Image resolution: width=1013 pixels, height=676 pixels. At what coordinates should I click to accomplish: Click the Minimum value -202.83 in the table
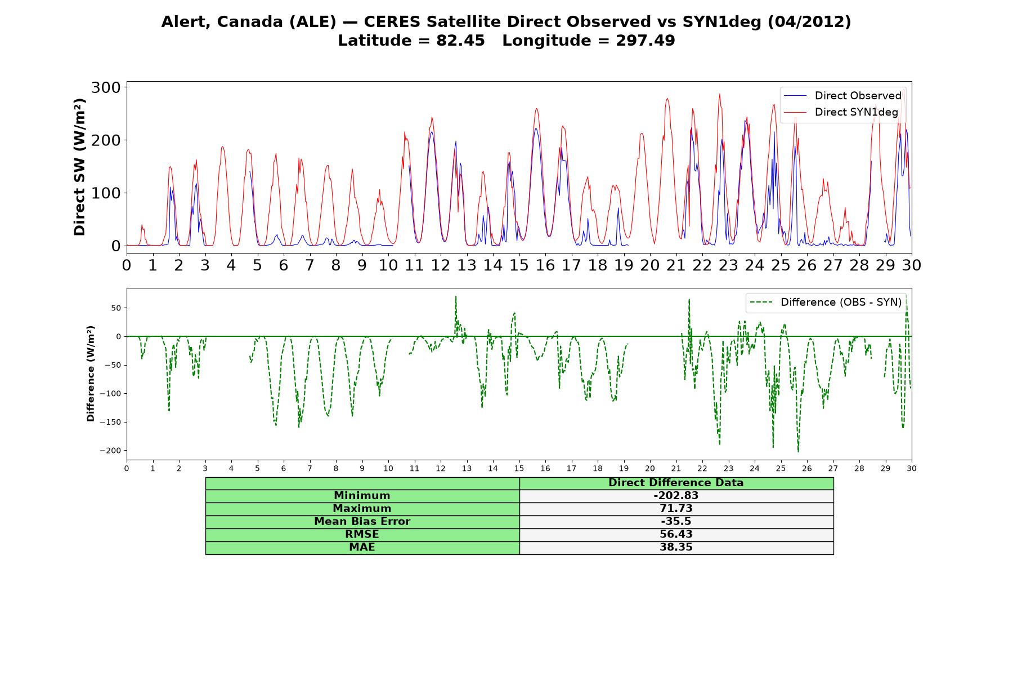point(676,496)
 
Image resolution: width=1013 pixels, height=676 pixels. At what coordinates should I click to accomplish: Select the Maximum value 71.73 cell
point(676,509)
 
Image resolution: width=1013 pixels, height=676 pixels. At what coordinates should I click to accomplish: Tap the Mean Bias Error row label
point(362,522)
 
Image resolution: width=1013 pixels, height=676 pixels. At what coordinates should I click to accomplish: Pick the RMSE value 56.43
point(676,535)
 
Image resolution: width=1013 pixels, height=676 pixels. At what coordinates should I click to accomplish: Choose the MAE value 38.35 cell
point(676,548)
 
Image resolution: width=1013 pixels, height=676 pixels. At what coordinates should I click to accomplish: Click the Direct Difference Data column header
point(676,483)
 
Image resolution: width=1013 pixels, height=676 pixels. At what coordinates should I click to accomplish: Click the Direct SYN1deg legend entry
point(841,112)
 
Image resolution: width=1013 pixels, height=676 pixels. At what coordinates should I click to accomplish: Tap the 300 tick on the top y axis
point(106,87)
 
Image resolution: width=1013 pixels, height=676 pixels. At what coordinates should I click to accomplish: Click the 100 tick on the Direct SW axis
point(106,193)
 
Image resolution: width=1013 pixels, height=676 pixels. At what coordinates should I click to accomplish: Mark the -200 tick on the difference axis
point(110,451)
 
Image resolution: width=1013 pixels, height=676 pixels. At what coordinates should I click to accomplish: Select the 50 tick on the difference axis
point(116,308)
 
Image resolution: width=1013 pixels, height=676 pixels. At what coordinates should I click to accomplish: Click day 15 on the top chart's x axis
point(519,265)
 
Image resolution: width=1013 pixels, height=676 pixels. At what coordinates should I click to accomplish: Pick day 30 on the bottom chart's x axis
point(912,468)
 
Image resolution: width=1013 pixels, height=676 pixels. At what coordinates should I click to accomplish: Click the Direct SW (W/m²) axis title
point(80,167)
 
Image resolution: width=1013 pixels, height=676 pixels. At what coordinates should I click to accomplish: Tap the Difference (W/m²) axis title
point(91,373)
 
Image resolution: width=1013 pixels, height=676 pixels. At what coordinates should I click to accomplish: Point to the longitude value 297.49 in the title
point(645,41)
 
